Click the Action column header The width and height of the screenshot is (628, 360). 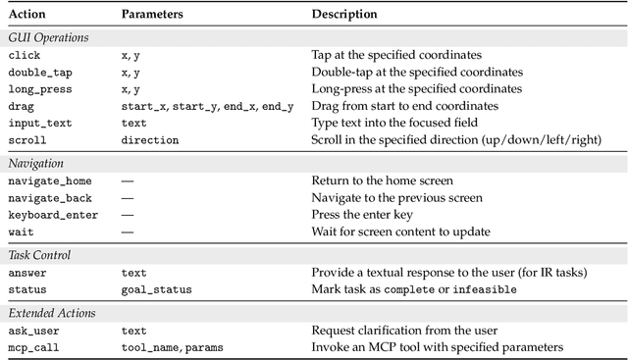pos(26,15)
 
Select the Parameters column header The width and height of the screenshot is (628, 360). pos(153,15)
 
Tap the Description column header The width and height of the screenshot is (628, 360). pos(344,15)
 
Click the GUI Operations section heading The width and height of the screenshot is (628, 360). pos(48,38)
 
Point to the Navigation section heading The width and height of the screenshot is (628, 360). pos(36,164)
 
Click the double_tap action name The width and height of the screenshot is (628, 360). pos(39,73)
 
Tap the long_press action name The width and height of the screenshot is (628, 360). pos(39,89)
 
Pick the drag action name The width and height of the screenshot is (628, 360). pos(22,106)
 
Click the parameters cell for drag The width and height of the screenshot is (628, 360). pos(206,106)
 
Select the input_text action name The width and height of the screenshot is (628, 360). pos(39,123)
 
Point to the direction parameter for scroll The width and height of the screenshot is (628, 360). pos(149,140)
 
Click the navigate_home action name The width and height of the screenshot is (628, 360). pos(48,181)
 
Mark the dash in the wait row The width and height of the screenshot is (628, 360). pos(128,231)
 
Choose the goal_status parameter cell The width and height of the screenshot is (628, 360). pos(156,289)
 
